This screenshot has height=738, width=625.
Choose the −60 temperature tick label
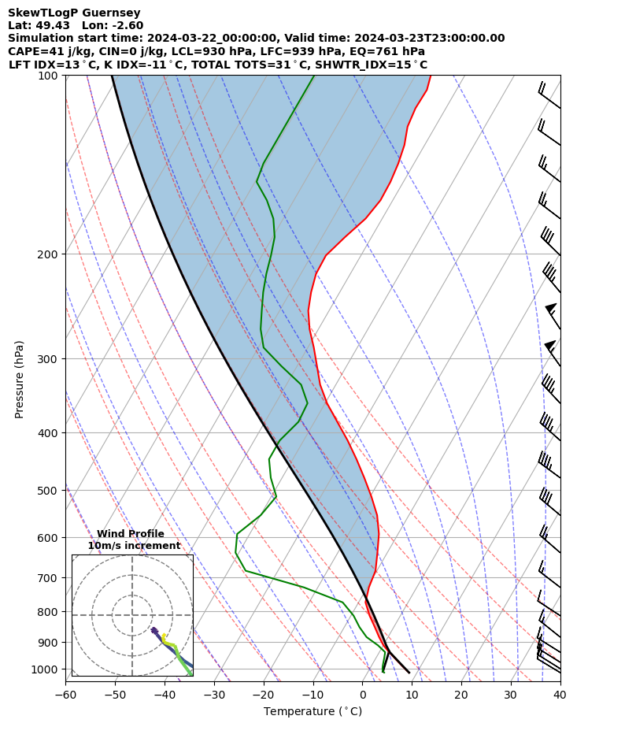click(x=65, y=695)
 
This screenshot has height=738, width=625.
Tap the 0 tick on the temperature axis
click(x=362, y=695)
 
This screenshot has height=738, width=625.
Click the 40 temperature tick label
click(x=560, y=695)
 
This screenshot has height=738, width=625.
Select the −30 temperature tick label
click(x=213, y=695)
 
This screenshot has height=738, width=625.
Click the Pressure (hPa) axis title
click(x=19, y=379)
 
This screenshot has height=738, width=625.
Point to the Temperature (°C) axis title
click(x=312, y=712)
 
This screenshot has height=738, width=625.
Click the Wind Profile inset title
click(x=131, y=534)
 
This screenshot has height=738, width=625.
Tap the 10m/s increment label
click(x=134, y=546)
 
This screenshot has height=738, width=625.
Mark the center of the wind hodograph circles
click(x=132, y=615)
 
